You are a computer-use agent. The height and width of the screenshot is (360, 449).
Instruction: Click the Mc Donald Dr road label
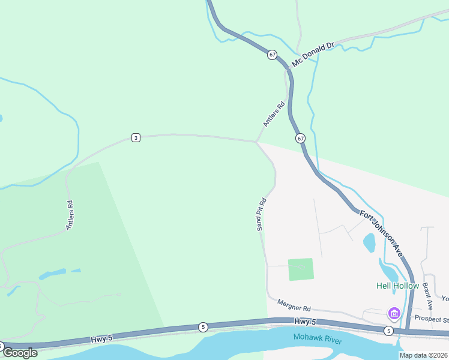coord(312,54)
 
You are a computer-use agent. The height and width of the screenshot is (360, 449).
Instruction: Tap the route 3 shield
coord(136,138)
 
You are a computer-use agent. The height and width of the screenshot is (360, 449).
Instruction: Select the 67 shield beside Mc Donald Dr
coord(273,55)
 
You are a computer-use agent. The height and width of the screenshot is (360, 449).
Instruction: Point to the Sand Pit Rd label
coord(261,213)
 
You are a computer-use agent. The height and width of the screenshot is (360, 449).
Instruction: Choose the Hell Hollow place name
coord(397,286)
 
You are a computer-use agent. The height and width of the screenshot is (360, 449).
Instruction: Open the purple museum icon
coord(394,313)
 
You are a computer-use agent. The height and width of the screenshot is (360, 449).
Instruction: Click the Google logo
coord(20,352)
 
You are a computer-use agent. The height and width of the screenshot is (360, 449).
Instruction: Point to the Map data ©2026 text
coord(423,355)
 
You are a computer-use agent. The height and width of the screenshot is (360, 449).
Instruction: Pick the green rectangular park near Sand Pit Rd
coord(301,269)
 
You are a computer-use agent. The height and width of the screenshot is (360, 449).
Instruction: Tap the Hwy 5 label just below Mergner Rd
coord(302,322)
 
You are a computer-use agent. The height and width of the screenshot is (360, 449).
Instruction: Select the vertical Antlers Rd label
coord(70,215)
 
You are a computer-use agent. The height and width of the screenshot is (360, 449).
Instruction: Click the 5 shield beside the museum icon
coord(388,331)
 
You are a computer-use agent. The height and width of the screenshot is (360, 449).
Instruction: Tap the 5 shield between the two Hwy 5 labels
coord(203,327)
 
